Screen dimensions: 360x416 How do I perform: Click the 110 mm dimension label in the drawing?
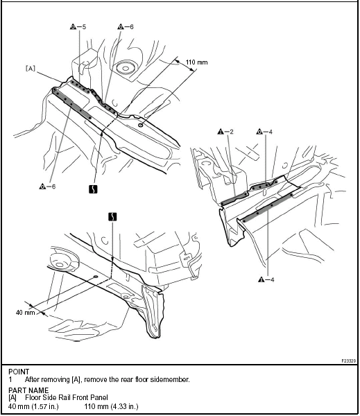tap(196, 62)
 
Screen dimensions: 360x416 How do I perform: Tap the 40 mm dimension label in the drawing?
tap(25, 312)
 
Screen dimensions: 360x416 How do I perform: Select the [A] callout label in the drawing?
tap(31, 69)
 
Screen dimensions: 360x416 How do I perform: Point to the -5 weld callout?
tap(78, 27)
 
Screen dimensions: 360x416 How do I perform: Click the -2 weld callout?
tap(225, 132)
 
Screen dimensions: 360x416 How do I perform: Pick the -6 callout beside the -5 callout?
tap(126, 27)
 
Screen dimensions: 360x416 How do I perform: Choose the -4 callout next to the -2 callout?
tap(264, 132)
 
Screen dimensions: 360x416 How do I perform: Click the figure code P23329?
tap(349, 361)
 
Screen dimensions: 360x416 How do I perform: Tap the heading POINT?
tap(19, 372)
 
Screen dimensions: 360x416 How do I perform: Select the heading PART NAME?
tap(28, 390)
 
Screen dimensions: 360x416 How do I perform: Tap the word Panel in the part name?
tap(99, 397)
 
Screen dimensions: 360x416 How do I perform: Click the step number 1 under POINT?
tap(10, 380)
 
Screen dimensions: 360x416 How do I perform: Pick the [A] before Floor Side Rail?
tap(12, 398)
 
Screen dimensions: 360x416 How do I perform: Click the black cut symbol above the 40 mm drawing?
tap(113, 217)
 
